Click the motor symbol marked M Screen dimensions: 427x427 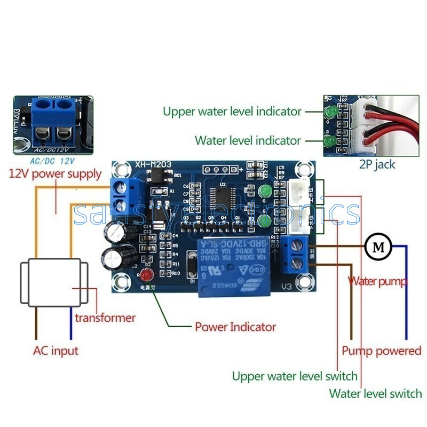click(x=378, y=246)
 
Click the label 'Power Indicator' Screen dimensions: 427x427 click(x=235, y=327)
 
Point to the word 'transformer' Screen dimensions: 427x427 click(x=105, y=318)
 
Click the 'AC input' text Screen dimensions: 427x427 click(x=56, y=351)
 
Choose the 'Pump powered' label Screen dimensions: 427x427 click(x=381, y=351)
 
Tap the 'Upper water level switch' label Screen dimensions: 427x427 click(x=295, y=376)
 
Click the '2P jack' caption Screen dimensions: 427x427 click(x=377, y=164)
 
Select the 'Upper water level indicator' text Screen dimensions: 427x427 click(x=232, y=112)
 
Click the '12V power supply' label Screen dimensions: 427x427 click(x=55, y=173)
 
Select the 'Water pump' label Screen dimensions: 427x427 click(x=377, y=281)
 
